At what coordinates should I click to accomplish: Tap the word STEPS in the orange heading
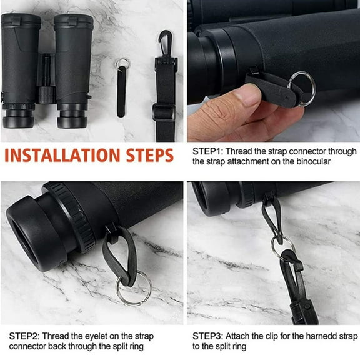tap(149, 154)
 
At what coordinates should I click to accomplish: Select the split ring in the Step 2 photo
tap(133, 287)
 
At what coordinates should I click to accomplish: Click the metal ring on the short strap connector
tap(122, 62)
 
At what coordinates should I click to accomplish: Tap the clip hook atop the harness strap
tap(164, 42)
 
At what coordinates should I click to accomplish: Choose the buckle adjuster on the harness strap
tap(163, 112)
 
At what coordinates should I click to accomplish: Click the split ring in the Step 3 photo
tap(282, 247)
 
